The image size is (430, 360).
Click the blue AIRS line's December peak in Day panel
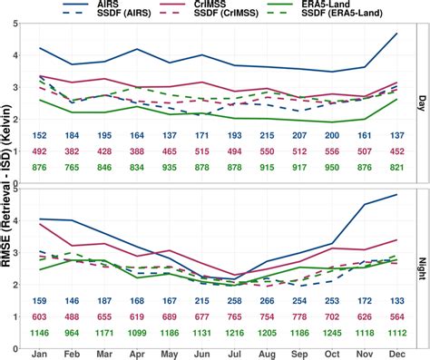[396, 34]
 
